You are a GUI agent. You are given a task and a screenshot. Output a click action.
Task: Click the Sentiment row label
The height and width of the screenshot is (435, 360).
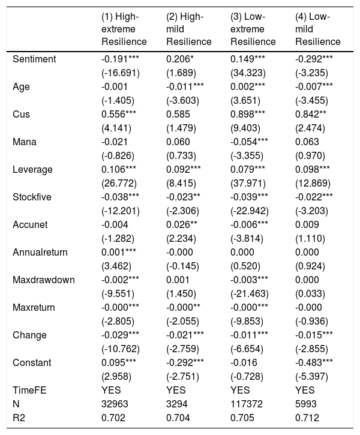tap(34, 59)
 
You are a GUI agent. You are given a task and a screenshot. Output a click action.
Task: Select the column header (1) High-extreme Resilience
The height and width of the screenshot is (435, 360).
tap(124, 29)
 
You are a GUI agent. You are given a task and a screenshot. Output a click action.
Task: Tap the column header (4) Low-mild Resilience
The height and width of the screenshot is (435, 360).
tap(318, 29)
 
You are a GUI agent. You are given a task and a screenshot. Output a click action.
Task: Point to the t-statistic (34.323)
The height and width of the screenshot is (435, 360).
tap(248, 73)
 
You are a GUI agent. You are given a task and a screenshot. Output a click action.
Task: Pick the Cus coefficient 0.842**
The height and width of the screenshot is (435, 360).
tap(310, 114)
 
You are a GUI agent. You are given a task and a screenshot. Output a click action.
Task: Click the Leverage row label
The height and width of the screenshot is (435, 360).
tap(32, 170)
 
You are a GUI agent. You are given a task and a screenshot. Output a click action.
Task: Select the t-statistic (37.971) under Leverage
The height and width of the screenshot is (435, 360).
tap(248, 184)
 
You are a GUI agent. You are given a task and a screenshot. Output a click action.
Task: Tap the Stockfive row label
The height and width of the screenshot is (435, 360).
tap(32, 197)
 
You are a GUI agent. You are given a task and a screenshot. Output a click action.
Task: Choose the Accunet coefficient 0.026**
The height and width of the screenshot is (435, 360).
tap(182, 225)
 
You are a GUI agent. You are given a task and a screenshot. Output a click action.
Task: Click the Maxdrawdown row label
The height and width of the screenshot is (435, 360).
tap(44, 280)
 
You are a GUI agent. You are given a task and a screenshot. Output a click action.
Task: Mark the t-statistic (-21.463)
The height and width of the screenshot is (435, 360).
tap(250, 294)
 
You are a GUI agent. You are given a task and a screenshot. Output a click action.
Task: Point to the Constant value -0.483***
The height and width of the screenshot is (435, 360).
tap(314, 362)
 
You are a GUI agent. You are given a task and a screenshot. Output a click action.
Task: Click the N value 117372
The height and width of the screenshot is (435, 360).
tap(246, 404)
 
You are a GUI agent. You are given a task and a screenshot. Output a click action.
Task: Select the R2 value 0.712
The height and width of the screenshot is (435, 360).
tap(307, 418)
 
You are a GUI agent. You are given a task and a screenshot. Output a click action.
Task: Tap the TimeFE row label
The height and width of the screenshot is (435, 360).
tap(29, 391)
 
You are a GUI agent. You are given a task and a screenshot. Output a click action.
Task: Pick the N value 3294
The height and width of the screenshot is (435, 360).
tap(176, 404)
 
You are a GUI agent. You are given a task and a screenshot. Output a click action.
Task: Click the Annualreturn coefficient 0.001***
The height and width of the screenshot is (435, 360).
tap(119, 252)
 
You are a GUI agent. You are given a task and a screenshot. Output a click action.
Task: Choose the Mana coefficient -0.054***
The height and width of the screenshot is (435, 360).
tap(249, 142)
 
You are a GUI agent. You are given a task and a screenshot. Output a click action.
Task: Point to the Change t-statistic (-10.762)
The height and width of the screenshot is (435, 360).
tap(121, 349)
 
